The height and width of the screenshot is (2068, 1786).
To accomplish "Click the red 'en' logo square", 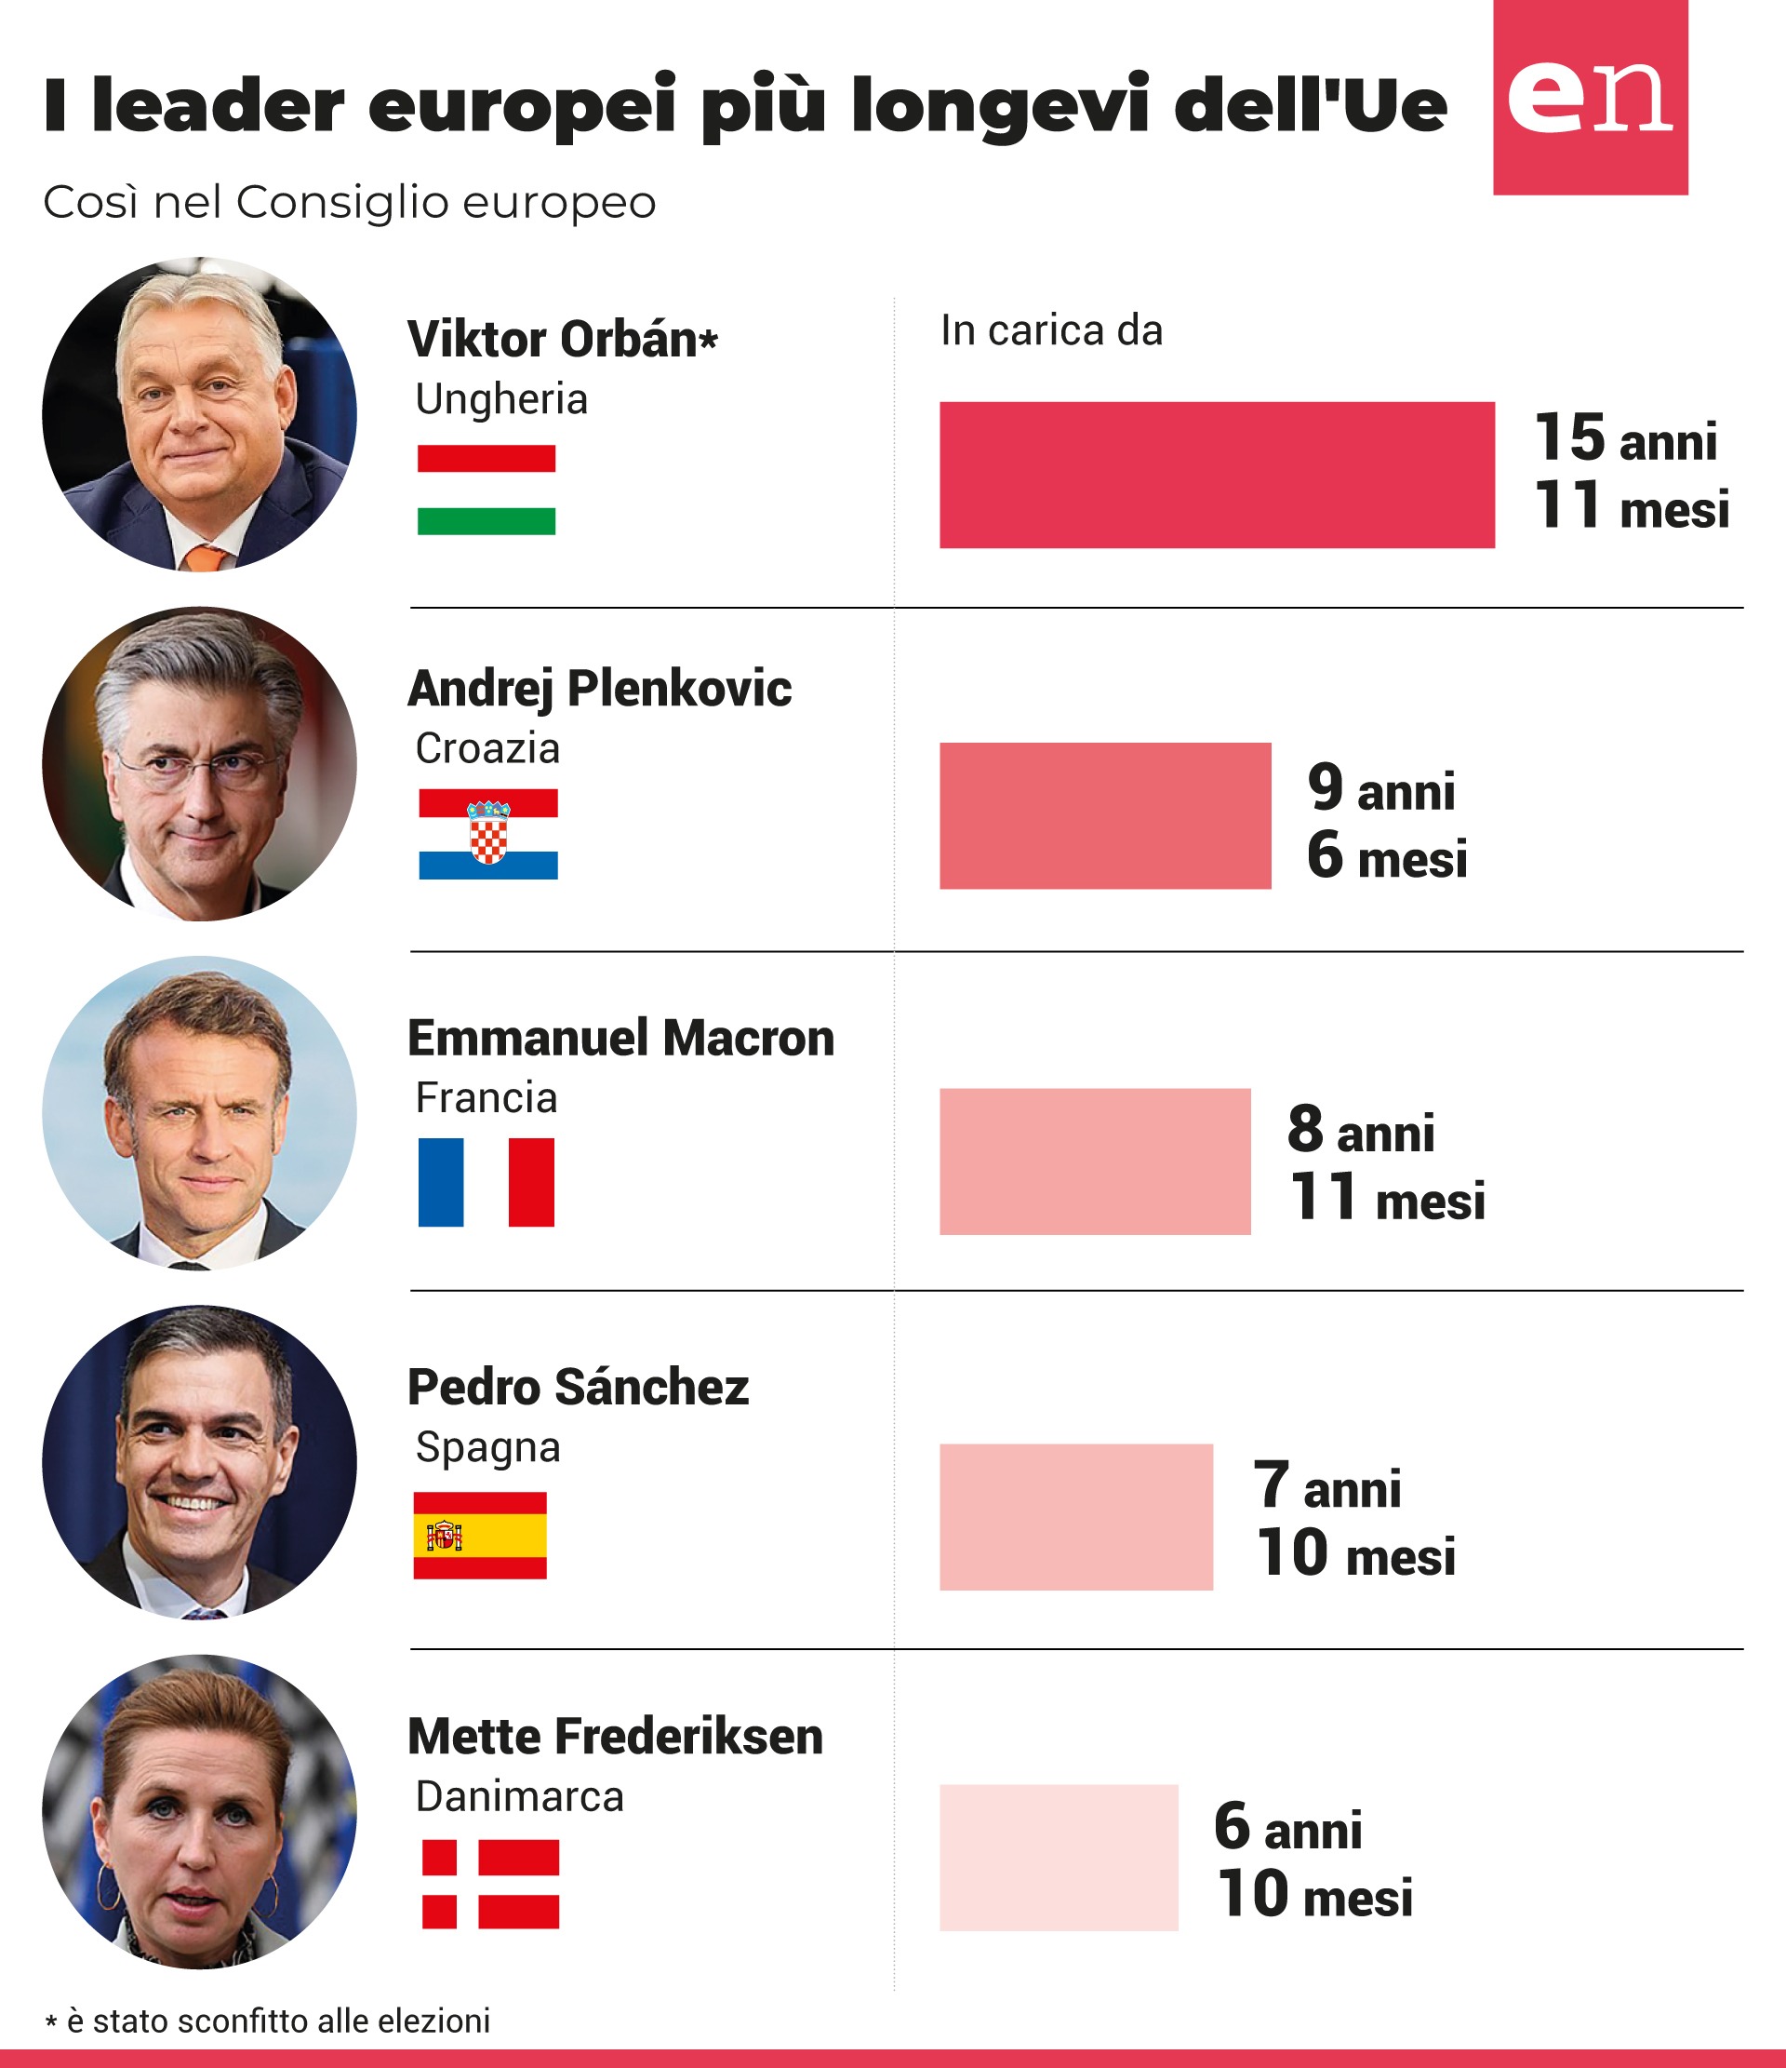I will [x=1590, y=97].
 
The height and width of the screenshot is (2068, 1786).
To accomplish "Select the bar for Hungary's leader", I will [x=1217, y=475].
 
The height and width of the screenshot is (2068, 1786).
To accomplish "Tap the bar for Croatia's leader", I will [x=1104, y=815].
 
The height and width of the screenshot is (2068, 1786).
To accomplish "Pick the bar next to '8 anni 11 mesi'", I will [x=1095, y=1161].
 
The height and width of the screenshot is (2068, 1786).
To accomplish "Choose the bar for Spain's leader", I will [x=1075, y=1516].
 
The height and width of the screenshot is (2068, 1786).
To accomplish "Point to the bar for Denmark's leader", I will [x=1059, y=1858].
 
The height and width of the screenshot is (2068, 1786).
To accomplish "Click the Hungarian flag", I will [x=486, y=490].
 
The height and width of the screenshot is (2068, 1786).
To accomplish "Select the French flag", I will [x=486, y=1182].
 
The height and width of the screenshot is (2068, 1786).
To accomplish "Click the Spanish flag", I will [x=480, y=1535].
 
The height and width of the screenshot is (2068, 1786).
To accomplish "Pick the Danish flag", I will [x=490, y=1884].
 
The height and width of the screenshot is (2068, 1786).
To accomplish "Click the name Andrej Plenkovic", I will [x=599, y=690].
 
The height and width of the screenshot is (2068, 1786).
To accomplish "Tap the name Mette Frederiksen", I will [x=615, y=1737].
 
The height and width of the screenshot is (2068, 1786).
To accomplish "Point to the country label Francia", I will [x=486, y=1098].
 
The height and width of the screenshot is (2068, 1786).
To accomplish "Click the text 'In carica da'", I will [x=1052, y=330].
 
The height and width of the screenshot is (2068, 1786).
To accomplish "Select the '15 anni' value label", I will [x=1625, y=438].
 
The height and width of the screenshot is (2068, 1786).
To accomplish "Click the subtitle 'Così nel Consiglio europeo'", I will [x=349, y=203].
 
